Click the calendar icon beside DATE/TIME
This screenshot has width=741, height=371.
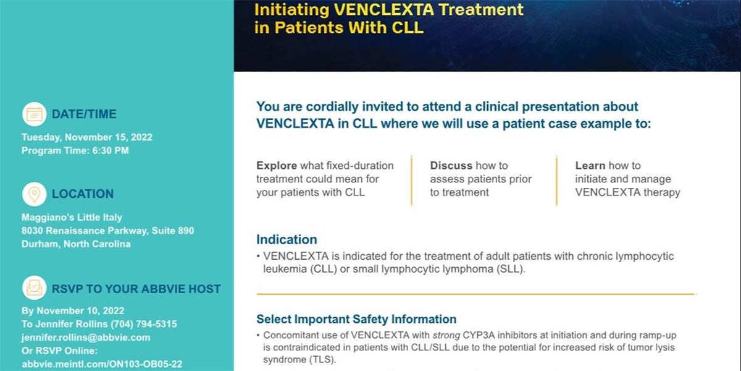coord(35,114)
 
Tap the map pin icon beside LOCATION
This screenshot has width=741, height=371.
coord(35,194)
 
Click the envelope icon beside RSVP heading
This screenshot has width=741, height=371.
coord(35,288)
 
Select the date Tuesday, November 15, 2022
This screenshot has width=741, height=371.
coord(87,137)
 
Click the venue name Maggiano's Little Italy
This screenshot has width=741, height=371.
coord(72,217)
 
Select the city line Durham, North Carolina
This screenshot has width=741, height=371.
coord(76,244)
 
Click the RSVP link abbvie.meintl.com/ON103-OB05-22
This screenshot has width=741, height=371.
coord(102,364)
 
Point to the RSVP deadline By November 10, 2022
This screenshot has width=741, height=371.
coord(73,310)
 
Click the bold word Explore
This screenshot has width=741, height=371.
coord(277,166)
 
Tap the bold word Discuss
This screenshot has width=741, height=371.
coord(451,166)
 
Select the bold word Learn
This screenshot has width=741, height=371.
coord(590,166)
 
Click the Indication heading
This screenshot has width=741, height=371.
coord(287,239)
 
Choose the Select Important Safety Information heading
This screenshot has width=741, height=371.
coord(356,319)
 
